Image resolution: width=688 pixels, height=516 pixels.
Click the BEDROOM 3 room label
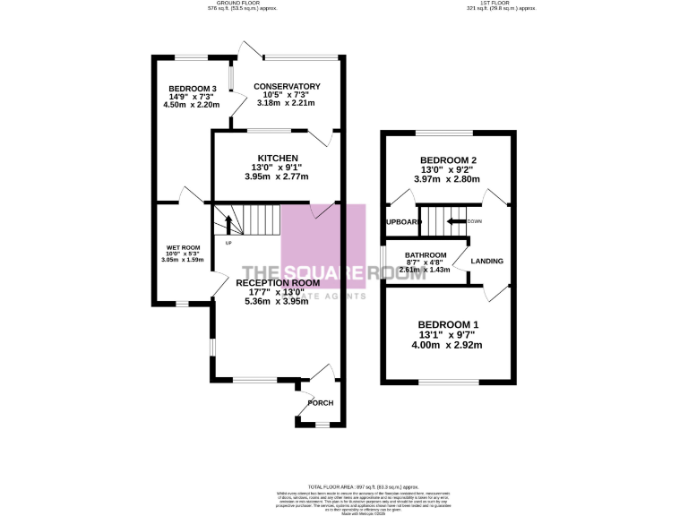coord(189,88)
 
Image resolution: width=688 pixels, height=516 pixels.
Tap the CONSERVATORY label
coord(287,86)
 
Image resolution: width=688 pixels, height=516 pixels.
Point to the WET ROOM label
coord(183,247)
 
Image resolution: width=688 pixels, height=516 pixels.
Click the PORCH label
coord(320,403)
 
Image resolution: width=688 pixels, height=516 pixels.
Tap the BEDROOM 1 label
coord(448,324)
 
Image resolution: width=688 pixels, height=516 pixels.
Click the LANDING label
coord(486,262)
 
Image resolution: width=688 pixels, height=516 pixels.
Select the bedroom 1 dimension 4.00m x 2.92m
coord(448,345)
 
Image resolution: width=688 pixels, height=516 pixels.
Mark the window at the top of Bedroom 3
coord(189,58)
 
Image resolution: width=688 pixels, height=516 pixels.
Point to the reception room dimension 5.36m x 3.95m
coord(276,301)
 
